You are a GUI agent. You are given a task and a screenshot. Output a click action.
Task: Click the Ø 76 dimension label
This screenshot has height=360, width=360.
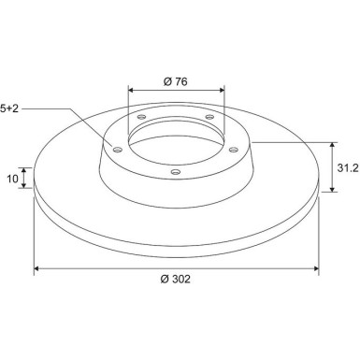click(176, 81)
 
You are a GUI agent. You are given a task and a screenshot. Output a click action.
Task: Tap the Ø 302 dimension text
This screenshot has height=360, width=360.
click(175, 279)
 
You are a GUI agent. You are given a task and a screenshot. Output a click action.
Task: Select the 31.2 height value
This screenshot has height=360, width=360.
click(348, 168)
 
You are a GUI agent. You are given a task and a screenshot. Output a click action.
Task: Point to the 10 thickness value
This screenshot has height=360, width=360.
click(12, 179)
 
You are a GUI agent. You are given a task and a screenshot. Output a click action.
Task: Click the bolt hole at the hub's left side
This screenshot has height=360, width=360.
click(118, 150)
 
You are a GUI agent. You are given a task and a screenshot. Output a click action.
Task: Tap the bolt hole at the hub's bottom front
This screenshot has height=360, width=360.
click(176, 171)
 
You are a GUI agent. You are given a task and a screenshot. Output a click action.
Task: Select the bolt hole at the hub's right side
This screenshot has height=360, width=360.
click(234, 150)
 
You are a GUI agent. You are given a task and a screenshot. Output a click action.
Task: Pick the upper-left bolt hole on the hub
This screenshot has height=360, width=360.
click(142, 117)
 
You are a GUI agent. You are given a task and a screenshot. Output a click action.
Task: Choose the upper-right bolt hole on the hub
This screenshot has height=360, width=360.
click(209, 117)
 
